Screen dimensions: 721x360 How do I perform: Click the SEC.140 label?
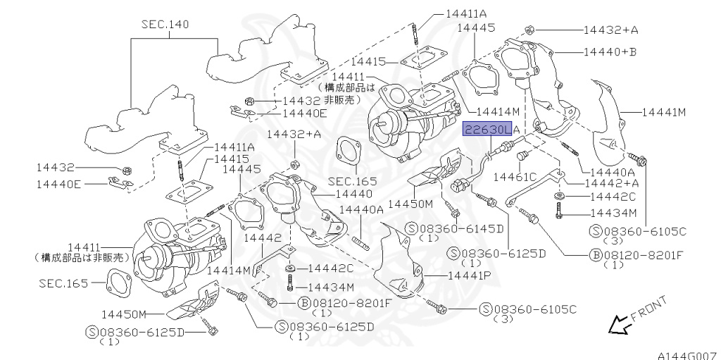click(165, 24)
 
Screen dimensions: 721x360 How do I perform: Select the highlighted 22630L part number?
click(487, 130)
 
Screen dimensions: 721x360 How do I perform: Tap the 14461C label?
click(515, 176)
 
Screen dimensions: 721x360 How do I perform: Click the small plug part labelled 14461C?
click(522, 156)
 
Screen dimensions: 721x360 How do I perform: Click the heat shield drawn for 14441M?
click(608, 122)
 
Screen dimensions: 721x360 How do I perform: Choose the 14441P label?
click(469, 275)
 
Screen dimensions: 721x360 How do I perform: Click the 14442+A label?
click(612, 182)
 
